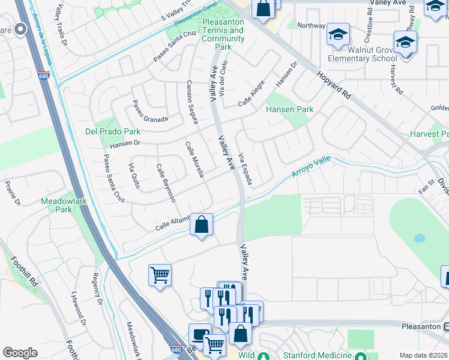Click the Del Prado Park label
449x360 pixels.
point(112,131)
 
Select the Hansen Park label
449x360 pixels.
point(290,110)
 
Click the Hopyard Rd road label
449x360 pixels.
point(334,84)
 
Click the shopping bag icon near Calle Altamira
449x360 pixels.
point(202,225)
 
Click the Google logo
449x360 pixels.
point(20,353)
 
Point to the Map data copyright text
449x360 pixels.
point(424,355)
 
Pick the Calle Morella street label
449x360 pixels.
point(194,160)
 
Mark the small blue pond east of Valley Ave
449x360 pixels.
point(420,238)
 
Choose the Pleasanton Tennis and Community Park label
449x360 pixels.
point(223,34)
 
